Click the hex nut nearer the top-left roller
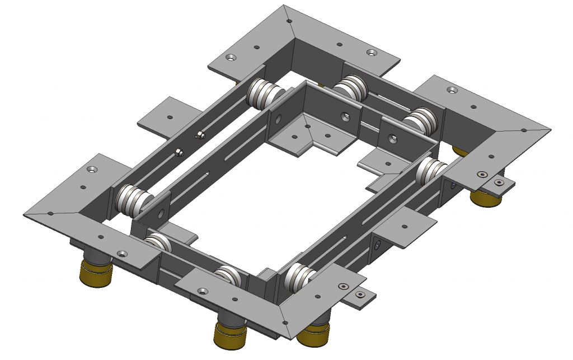(200, 134)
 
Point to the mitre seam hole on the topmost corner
(290, 21)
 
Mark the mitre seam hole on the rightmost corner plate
(524, 131)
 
